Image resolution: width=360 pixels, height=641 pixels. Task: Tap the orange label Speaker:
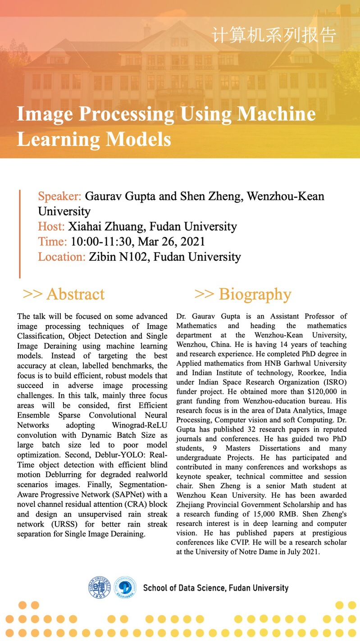[x=59, y=197]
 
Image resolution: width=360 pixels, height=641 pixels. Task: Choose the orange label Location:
[x=62, y=257]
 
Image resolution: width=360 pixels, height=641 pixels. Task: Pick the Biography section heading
[x=243, y=294]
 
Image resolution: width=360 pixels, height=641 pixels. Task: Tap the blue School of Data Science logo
[x=125, y=587]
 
